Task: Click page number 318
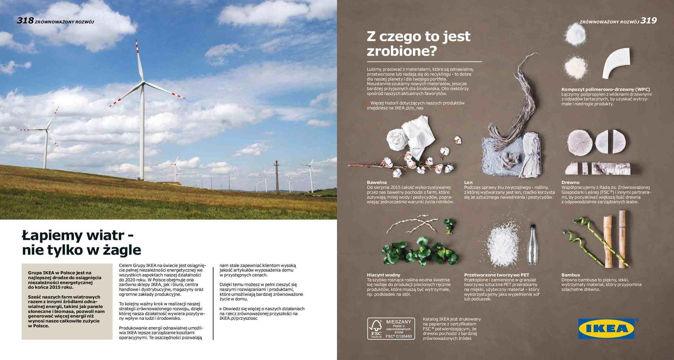pos(25,20)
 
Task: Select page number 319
pos(649,20)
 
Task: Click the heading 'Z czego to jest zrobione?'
pos(418,43)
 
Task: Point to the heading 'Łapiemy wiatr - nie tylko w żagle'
pos(81,242)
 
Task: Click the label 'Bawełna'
pos(377,183)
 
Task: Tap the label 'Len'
pos(468,183)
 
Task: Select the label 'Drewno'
pos(570,183)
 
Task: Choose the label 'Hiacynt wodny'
pos(383,275)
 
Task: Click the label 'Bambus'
pos(570,275)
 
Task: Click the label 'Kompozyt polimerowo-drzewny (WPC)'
pos(605,89)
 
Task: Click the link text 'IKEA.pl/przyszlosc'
pos(238,318)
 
